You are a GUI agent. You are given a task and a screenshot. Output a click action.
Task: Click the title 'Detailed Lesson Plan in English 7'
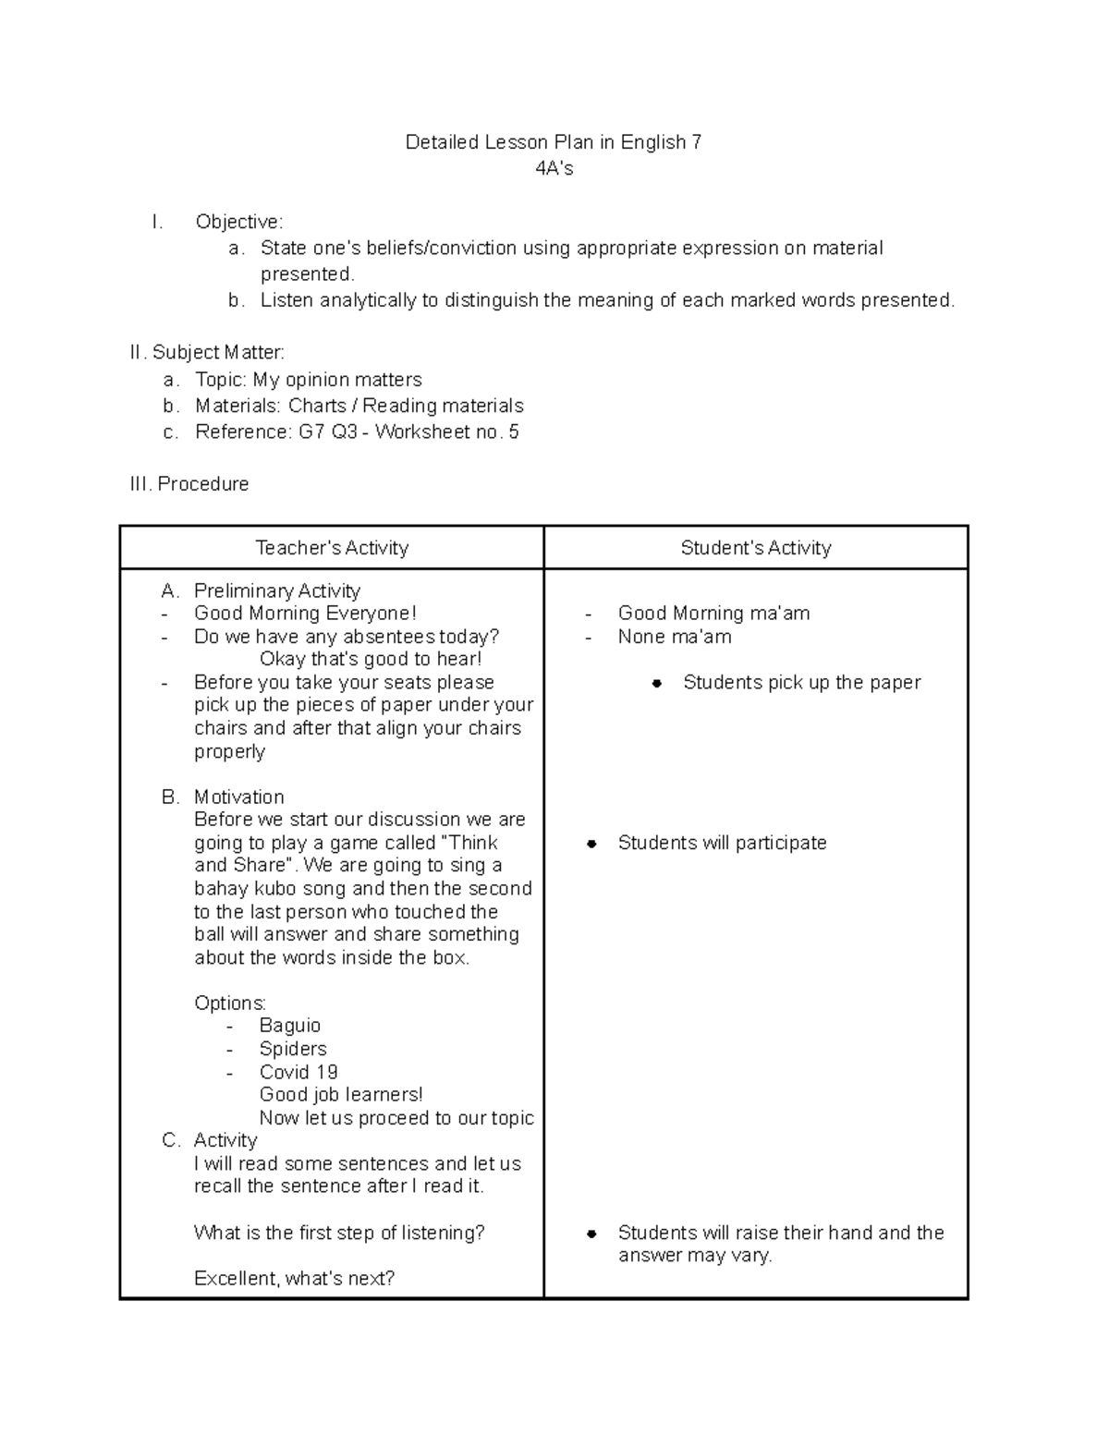click(554, 142)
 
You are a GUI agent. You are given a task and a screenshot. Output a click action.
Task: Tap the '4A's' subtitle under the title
click(554, 168)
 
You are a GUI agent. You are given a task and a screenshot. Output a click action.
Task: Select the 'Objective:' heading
click(239, 222)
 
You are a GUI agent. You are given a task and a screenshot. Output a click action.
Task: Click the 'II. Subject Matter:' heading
click(208, 352)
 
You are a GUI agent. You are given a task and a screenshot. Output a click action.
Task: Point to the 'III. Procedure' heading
click(189, 484)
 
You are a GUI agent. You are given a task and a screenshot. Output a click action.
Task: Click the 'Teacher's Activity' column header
click(332, 548)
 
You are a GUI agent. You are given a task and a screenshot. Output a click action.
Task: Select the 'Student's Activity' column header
click(756, 548)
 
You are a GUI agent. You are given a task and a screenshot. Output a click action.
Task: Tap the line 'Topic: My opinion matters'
click(309, 380)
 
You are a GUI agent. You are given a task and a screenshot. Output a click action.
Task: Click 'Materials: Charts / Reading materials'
click(360, 406)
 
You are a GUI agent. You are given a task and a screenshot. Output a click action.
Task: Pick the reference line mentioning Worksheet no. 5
click(357, 432)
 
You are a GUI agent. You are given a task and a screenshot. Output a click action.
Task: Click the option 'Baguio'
click(290, 1026)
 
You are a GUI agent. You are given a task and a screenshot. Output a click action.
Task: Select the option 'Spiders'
click(293, 1049)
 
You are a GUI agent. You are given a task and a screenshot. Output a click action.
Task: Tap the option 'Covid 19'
click(299, 1072)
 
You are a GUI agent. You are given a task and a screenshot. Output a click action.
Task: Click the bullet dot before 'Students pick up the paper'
click(656, 683)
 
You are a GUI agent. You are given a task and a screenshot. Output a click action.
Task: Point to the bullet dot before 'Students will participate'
click(591, 844)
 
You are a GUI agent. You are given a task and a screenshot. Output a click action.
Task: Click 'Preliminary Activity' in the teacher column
click(276, 590)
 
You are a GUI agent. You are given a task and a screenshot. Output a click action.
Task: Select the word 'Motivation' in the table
click(239, 797)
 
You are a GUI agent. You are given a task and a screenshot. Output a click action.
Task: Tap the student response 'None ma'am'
click(675, 637)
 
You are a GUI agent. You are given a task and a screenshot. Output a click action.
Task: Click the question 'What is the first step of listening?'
click(339, 1233)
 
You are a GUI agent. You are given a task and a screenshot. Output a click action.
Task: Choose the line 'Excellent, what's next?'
click(294, 1279)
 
